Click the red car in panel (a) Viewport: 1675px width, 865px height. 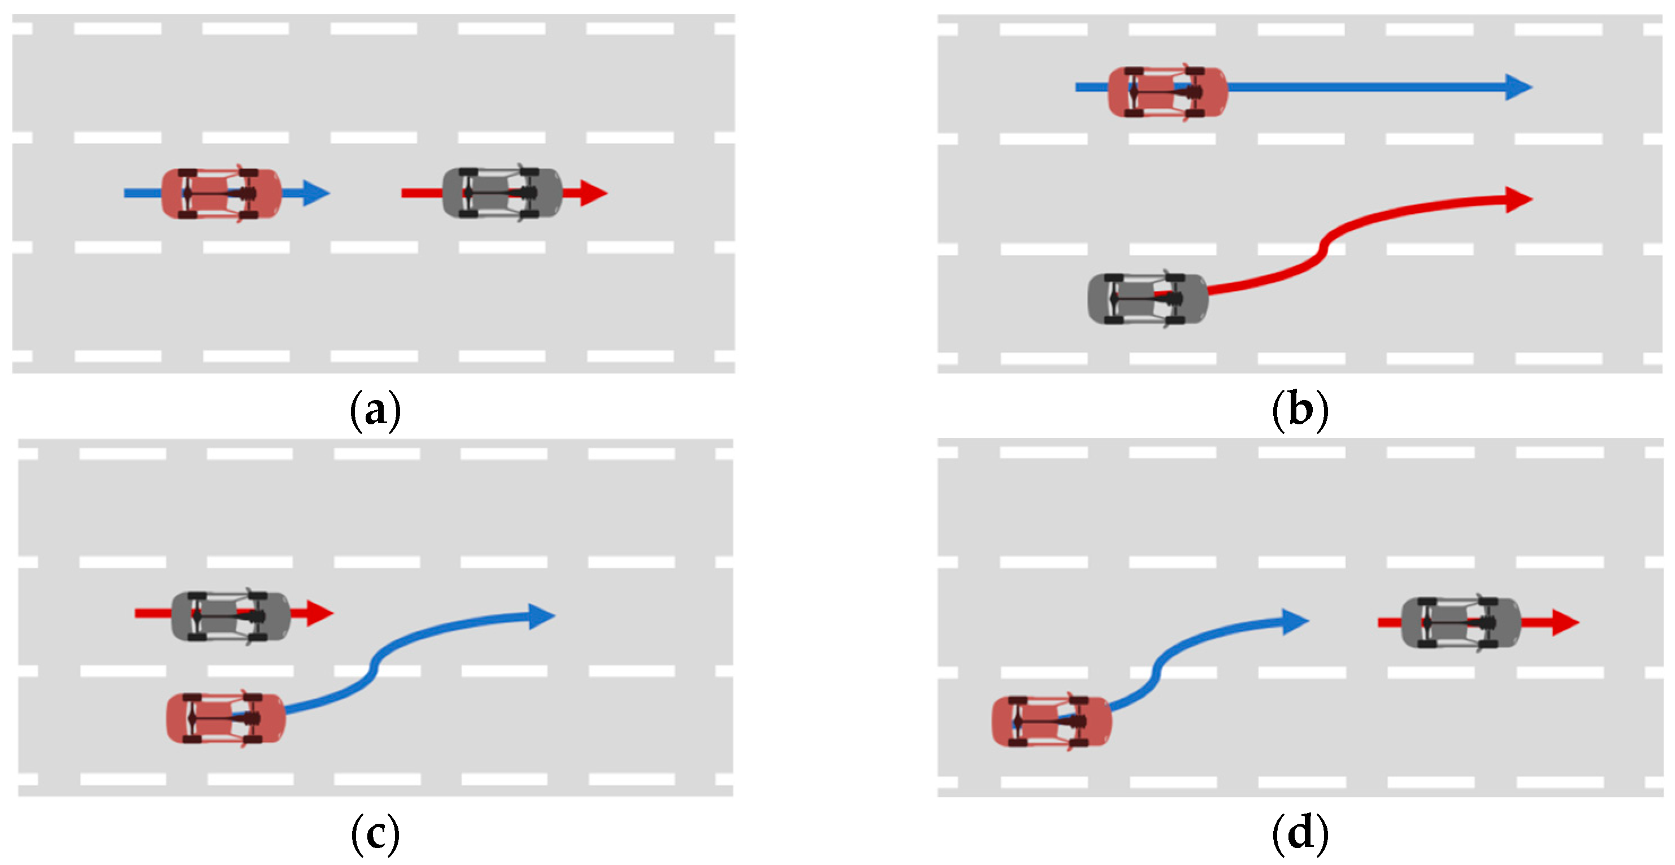221,194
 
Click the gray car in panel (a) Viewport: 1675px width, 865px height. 502,193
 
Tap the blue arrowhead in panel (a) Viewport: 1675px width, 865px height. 316,193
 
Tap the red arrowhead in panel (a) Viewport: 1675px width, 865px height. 594,193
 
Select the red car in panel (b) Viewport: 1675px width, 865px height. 1167,92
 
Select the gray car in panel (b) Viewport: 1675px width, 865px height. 1148,298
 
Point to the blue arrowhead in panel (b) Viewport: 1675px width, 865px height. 1519,87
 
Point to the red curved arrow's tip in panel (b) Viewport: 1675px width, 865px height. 1519,199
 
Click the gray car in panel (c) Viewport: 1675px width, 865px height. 230,616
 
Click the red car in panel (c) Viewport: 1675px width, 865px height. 225,718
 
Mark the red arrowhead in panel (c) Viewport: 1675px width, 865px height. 320,614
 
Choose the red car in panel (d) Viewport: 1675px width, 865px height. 1052,721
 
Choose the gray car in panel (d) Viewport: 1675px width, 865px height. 1460,623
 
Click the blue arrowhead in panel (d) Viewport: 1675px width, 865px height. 1295,622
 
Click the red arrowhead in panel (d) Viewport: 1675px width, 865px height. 1566,623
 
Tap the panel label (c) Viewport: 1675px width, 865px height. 375,834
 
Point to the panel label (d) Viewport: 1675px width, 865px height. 1300,834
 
